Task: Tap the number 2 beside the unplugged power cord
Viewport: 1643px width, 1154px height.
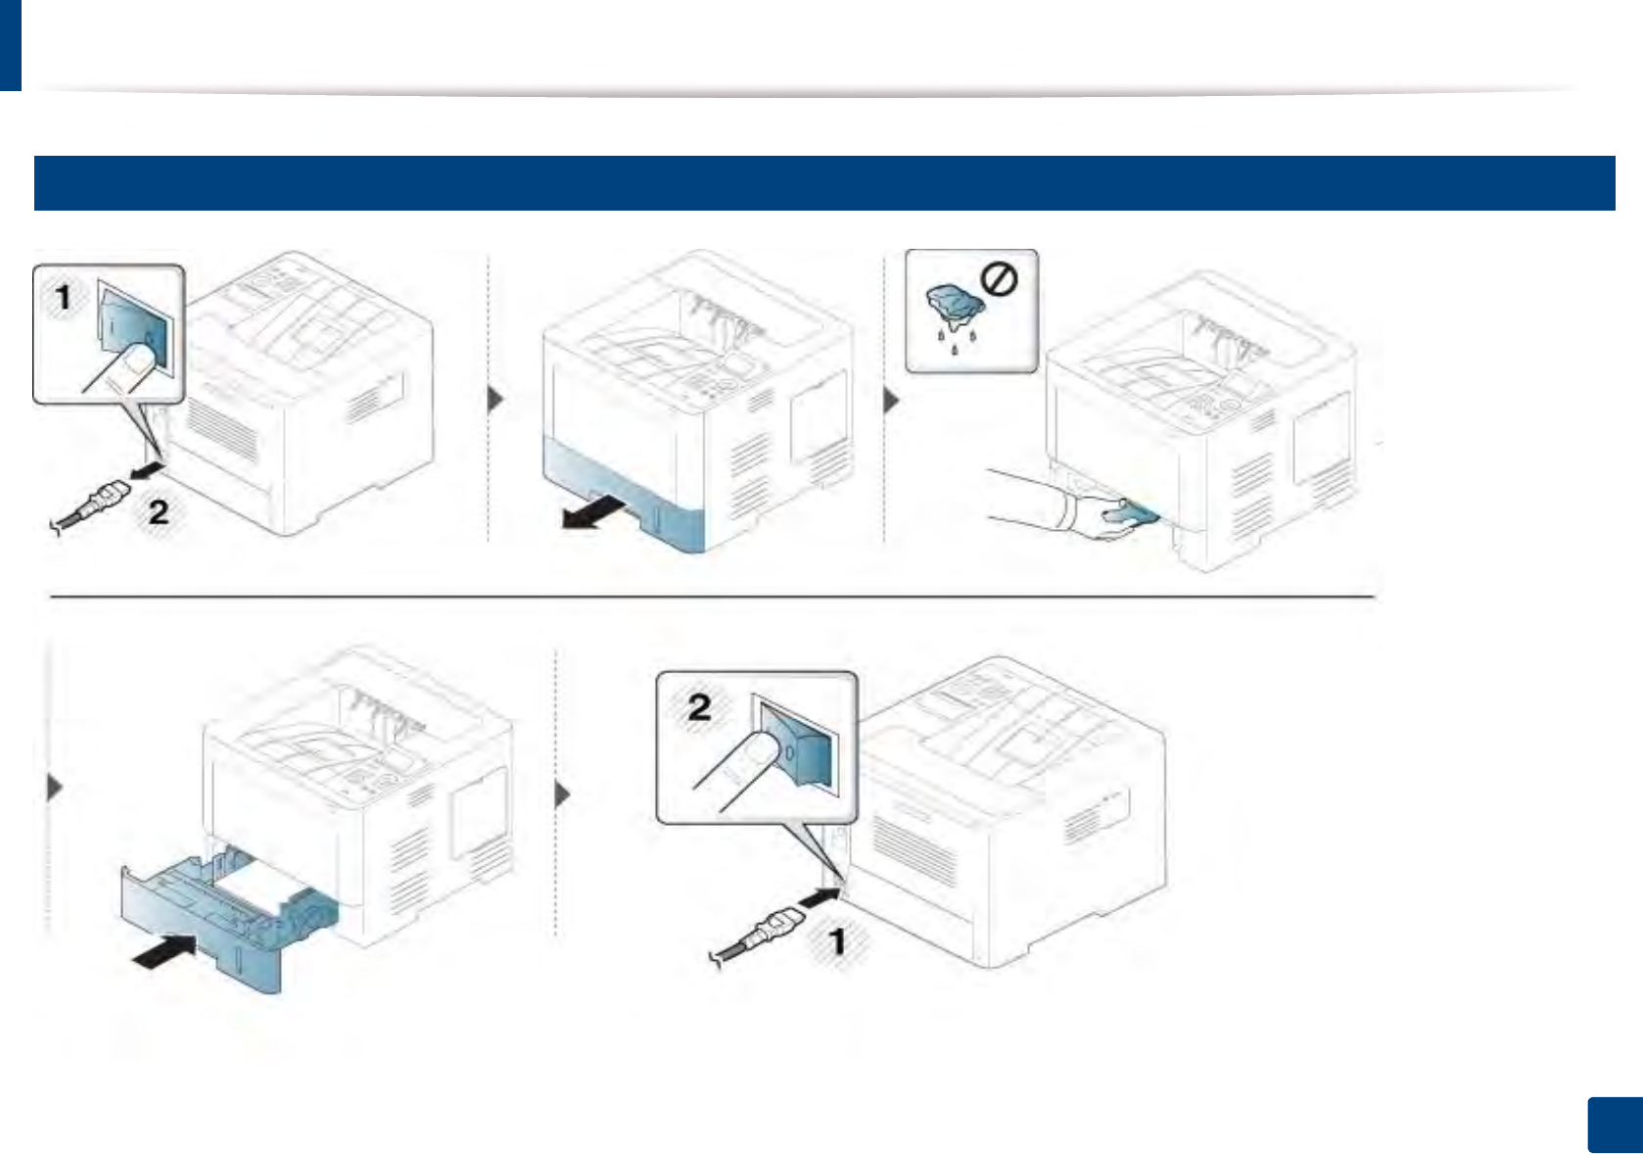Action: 159,510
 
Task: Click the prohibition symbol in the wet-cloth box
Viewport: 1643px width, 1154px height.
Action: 999,280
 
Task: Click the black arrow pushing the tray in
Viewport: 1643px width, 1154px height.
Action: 164,949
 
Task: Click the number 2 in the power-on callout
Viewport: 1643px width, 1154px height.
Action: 699,707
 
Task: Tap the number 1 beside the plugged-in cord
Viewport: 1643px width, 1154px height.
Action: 836,942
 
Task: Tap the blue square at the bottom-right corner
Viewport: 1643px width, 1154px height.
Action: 1614,1126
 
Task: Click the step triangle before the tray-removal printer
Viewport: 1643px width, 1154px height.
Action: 496,399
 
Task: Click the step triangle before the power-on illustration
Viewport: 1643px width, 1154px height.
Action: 562,793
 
